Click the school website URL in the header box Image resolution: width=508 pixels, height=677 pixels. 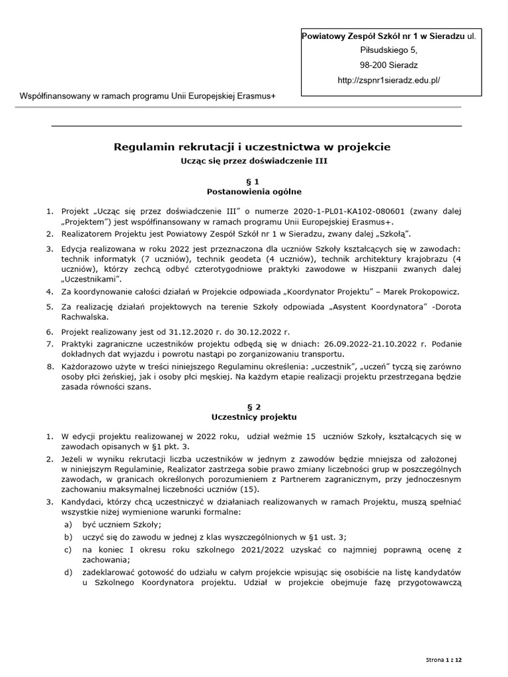tap(388, 80)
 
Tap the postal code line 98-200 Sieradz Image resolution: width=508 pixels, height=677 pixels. tap(388, 65)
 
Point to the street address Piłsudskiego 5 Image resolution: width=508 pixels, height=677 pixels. tap(388, 50)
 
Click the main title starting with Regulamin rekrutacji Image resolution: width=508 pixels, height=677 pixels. tap(253, 146)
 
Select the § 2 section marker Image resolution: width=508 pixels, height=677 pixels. tap(253, 407)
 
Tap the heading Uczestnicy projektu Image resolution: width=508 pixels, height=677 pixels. tap(253, 418)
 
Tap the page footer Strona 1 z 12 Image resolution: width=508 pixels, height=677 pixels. tap(444, 660)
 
